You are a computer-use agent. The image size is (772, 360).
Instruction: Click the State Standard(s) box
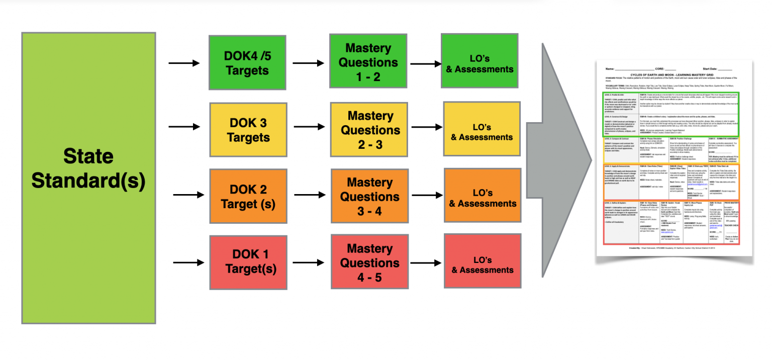tap(88, 177)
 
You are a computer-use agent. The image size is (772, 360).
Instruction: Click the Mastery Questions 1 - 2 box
tap(368, 62)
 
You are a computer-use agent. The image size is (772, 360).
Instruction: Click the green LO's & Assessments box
tap(479, 62)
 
